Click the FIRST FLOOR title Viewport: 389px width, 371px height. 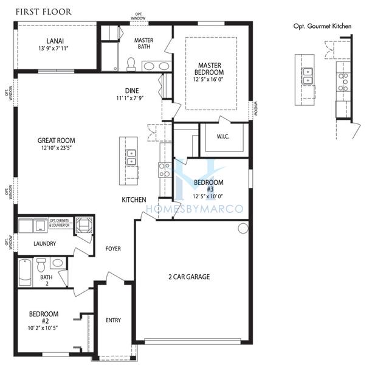coord(43,12)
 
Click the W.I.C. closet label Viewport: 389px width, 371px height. coord(222,137)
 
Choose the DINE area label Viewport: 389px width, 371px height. coord(132,91)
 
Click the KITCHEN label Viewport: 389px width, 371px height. coord(134,199)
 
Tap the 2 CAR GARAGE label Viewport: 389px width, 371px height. coord(189,277)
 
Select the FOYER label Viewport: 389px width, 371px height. coord(114,248)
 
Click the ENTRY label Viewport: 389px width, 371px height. coord(114,320)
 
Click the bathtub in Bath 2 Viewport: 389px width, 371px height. coord(25,272)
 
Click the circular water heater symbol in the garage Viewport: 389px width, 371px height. coord(243,229)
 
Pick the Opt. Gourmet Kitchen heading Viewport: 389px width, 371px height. coord(322,26)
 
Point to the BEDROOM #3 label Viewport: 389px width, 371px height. coord(208,185)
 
